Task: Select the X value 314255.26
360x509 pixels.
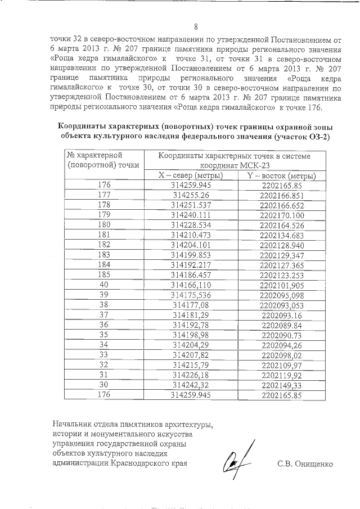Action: tap(191, 195)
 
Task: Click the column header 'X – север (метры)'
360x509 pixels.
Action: tap(191, 175)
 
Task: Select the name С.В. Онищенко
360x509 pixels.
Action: tap(305, 464)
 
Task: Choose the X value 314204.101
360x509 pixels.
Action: tap(191, 245)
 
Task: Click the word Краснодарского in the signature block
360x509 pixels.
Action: tap(141, 464)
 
